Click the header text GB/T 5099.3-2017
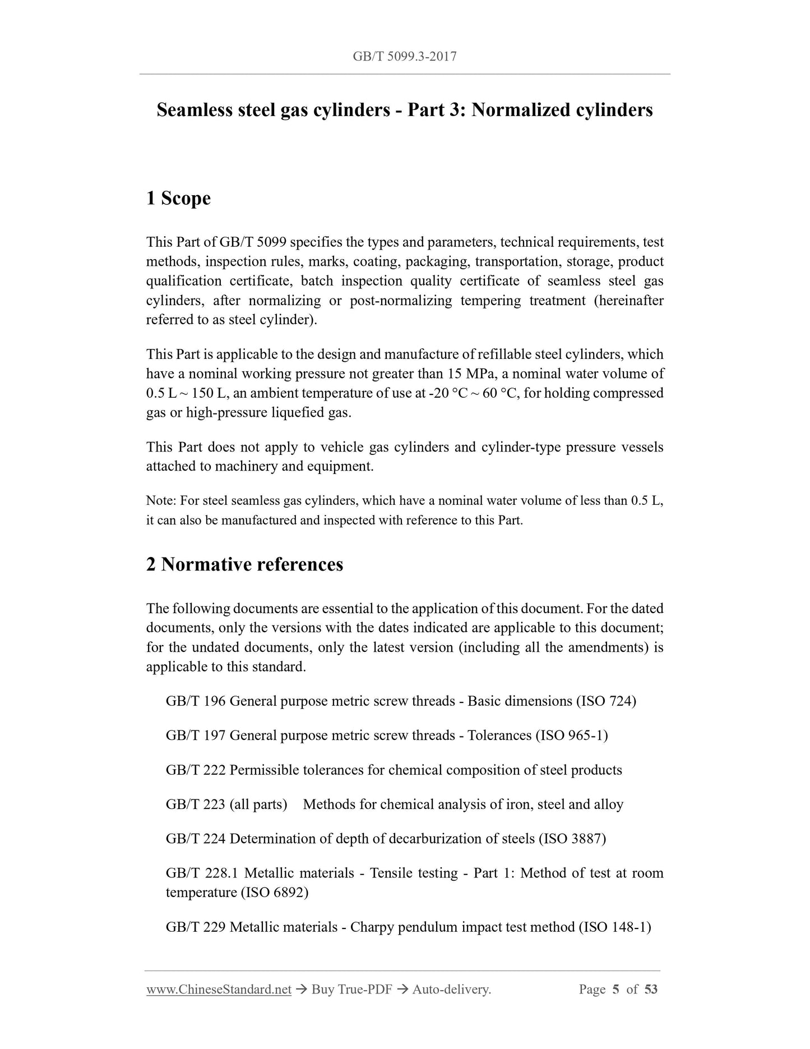(x=405, y=56)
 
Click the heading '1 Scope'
(x=178, y=198)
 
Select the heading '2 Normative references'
(x=244, y=564)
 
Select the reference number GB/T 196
(x=196, y=701)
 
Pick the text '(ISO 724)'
(x=606, y=701)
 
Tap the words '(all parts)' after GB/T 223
(x=258, y=804)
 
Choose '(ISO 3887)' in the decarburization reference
(x=572, y=839)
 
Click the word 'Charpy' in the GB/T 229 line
(x=372, y=927)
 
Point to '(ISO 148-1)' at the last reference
(x=614, y=927)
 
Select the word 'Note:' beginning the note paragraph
(x=161, y=501)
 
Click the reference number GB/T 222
(x=196, y=770)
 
